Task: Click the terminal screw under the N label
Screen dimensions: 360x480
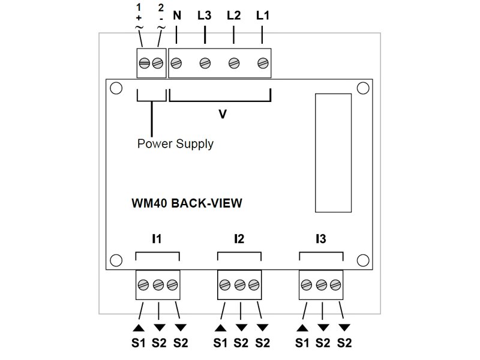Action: pyautogui.click(x=177, y=62)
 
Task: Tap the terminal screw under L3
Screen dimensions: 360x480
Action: pyautogui.click(x=205, y=62)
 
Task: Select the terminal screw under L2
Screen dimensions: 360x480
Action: pyautogui.click(x=234, y=62)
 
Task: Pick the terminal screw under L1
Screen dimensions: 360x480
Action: pyautogui.click(x=262, y=62)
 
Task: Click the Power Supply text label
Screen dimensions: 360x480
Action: pyautogui.click(x=175, y=144)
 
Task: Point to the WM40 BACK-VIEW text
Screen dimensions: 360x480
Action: pyautogui.click(x=187, y=203)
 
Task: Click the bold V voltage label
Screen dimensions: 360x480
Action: pyautogui.click(x=222, y=113)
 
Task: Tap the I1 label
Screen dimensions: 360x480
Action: pyautogui.click(x=157, y=239)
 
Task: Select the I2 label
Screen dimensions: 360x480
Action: pyautogui.click(x=239, y=239)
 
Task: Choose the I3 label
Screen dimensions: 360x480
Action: pyautogui.click(x=320, y=239)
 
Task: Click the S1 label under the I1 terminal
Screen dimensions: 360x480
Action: pyautogui.click(x=139, y=343)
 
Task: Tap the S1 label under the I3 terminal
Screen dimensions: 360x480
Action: pyautogui.click(x=302, y=343)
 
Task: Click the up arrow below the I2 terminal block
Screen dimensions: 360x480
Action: pyautogui.click(x=221, y=328)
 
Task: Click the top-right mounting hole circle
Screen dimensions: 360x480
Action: pyautogui.click(x=362, y=88)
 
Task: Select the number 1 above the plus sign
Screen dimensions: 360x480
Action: pyautogui.click(x=139, y=8)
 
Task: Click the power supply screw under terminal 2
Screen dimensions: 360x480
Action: pyautogui.click(x=158, y=62)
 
